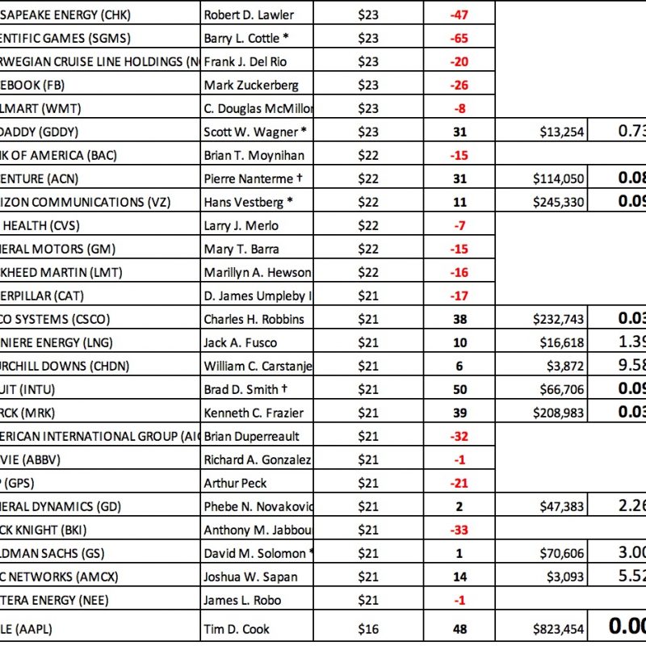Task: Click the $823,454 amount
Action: point(559,629)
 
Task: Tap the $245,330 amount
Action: point(559,202)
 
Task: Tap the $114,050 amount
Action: point(559,178)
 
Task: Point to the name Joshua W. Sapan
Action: point(250,577)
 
